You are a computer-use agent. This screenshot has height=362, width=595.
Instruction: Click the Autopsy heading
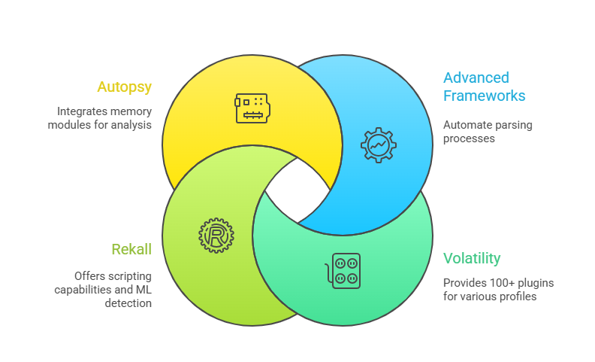pos(125,87)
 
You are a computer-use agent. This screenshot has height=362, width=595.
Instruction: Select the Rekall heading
pos(131,249)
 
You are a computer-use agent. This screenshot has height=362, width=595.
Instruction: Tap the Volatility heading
pos(472,259)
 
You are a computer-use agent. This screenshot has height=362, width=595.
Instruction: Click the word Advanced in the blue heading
pos(476,78)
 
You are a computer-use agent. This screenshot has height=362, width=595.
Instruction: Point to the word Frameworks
pos(484,96)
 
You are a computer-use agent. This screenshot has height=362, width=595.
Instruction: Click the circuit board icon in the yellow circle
pos(252,108)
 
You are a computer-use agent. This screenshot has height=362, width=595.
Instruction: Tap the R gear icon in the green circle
pos(216,235)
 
